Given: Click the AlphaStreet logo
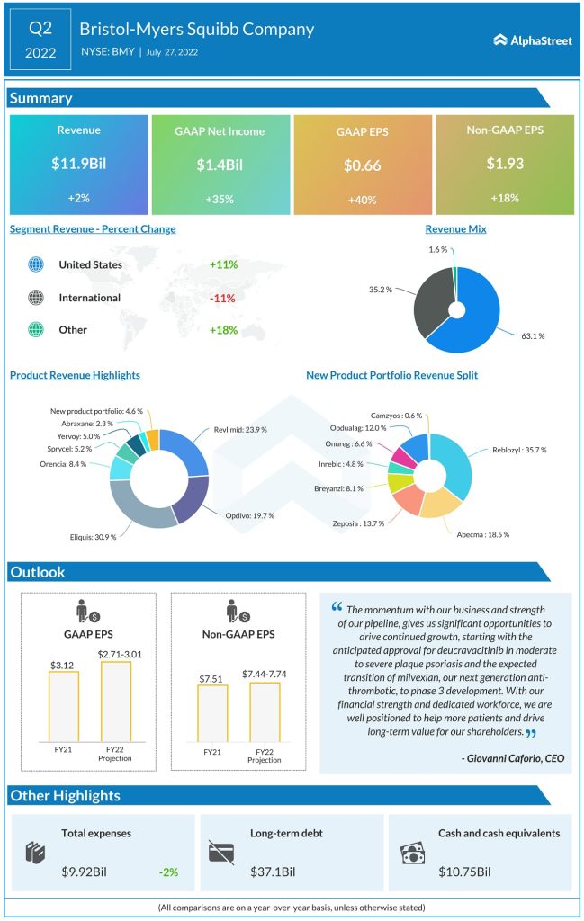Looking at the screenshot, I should tap(533, 40).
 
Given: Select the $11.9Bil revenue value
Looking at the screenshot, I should tap(78, 164).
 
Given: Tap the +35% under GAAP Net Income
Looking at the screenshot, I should tap(220, 198).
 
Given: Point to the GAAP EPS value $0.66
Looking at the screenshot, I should tap(363, 165).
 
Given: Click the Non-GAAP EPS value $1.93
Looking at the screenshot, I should tap(504, 164).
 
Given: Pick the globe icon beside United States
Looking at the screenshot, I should tap(36, 264).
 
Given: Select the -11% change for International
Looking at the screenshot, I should tap(222, 298).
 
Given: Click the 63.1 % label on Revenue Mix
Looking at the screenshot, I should tap(532, 335).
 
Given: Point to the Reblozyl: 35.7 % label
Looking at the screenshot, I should tap(519, 449).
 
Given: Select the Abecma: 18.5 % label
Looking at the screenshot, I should tap(484, 533).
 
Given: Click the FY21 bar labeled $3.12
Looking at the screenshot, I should tap(63, 705).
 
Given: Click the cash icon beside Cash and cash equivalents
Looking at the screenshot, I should tap(411, 852).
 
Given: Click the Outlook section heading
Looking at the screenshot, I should tap(38, 572).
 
